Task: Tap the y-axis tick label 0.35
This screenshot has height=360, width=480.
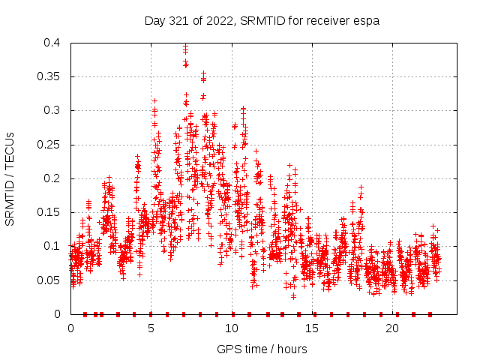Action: (x=52, y=76)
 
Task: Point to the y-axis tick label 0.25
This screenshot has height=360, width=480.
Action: (x=52, y=144)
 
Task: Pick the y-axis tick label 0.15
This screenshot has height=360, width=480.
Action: (x=52, y=212)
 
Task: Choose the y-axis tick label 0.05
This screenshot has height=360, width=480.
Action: (x=52, y=280)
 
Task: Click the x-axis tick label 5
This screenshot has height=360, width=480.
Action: (x=151, y=328)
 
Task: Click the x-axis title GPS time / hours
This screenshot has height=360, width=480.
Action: (x=262, y=349)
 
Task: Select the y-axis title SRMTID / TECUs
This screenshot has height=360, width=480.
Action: (x=10, y=178)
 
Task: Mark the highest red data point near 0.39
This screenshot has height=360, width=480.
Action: (x=185, y=48)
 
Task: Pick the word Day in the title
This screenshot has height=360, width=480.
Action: (x=154, y=21)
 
